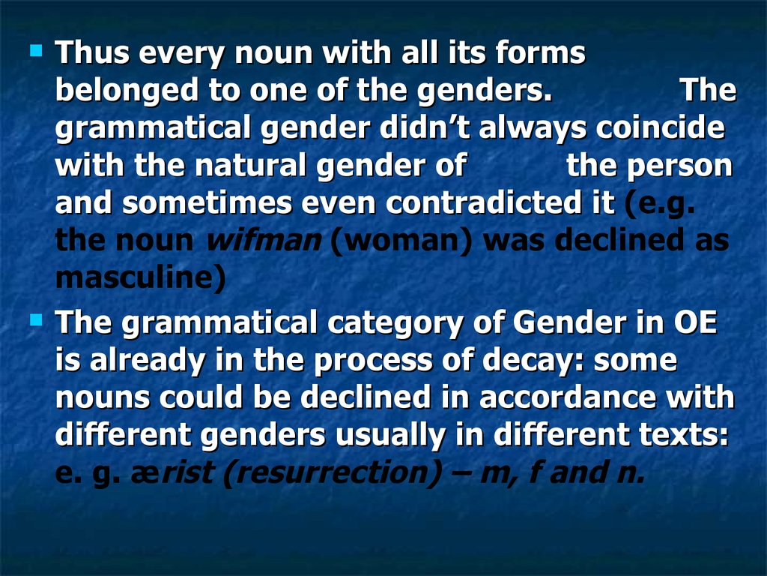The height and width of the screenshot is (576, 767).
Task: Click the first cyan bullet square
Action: (x=36, y=51)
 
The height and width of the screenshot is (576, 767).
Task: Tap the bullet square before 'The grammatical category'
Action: (x=36, y=320)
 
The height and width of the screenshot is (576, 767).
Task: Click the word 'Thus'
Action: (x=92, y=52)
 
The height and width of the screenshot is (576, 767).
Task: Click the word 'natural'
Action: (x=251, y=165)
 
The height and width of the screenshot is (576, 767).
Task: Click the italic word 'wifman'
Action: (x=264, y=240)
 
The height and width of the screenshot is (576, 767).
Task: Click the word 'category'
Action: (x=395, y=324)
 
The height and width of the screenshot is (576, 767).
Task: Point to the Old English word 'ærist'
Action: (x=172, y=472)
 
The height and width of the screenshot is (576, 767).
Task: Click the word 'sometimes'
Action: (x=207, y=202)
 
